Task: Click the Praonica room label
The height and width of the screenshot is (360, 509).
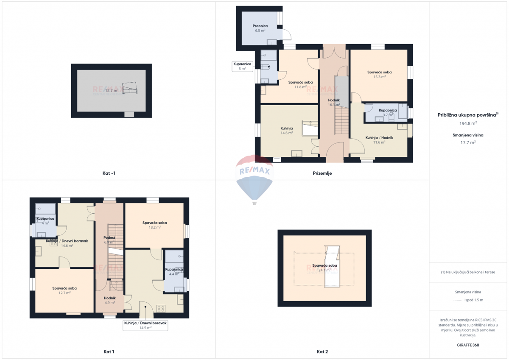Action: pyautogui.click(x=260, y=28)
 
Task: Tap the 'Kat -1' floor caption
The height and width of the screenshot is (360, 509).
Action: pyautogui.click(x=109, y=173)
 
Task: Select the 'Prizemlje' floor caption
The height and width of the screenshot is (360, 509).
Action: pyautogui.click(x=322, y=173)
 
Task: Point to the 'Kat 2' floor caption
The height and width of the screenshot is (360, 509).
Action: pyautogui.click(x=322, y=352)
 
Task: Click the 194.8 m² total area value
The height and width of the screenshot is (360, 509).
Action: pyautogui.click(x=468, y=123)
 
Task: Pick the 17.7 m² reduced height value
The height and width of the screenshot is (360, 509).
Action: pyautogui.click(x=469, y=142)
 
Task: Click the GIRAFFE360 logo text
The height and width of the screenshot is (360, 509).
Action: pyautogui.click(x=469, y=345)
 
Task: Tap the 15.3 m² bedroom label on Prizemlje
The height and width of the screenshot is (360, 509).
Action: pyautogui.click(x=379, y=75)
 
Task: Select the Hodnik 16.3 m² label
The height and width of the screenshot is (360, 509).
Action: pyautogui.click(x=334, y=102)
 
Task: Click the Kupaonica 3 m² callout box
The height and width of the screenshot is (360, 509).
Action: pyautogui.click(x=242, y=66)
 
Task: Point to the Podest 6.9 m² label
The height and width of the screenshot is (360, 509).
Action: pyautogui.click(x=109, y=240)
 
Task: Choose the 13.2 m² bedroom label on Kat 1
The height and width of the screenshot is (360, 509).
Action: pyautogui.click(x=154, y=225)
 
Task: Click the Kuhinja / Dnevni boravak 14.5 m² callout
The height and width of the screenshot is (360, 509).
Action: pyautogui.click(x=145, y=325)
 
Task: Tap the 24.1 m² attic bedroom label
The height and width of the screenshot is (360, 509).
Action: pyautogui.click(x=324, y=268)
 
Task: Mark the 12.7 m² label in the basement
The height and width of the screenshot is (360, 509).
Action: pyautogui.click(x=112, y=90)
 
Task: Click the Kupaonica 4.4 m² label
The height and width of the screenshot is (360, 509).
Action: pyautogui.click(x=174, y=271)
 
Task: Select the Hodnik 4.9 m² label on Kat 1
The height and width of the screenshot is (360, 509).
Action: pyautogui.click(x=109, y=300)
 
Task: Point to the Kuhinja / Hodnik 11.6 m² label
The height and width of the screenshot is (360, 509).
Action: pyautogui.click(x=379, y=140)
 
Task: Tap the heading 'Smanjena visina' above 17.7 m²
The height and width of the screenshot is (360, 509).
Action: pyautogui.click(x=469, y=135)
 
